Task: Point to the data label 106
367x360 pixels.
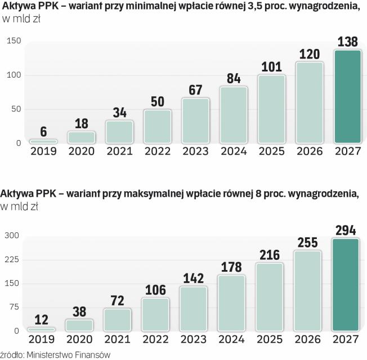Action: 155,290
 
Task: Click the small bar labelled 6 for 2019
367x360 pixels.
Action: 44,141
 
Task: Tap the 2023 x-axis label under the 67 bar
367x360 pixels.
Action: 195,151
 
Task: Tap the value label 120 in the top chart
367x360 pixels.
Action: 309,54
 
